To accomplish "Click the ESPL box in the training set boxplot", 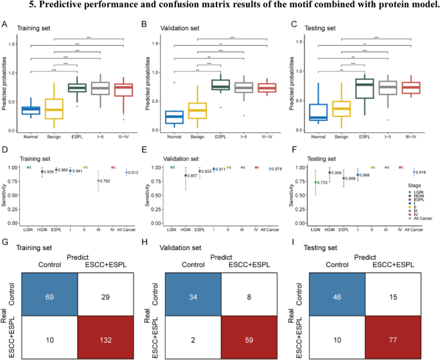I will [x=77, y=87].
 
